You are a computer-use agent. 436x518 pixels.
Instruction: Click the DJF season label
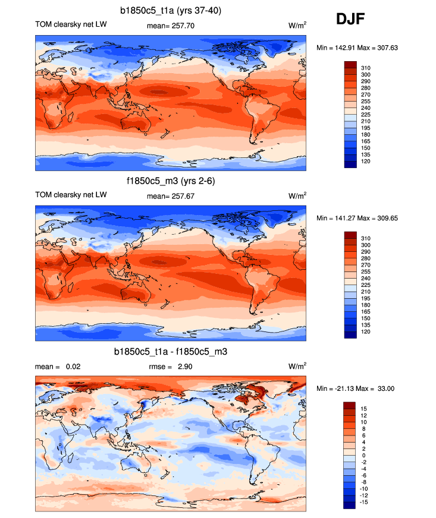click(351, 19)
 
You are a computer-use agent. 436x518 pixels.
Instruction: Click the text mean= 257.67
click(170, 196)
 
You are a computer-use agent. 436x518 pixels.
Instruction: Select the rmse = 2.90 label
click(170, 367)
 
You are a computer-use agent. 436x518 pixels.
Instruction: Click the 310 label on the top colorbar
click(366, 68)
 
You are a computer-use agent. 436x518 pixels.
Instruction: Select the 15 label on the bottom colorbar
click(364, 409)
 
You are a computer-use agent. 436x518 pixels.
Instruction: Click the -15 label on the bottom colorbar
click(363, 503)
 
